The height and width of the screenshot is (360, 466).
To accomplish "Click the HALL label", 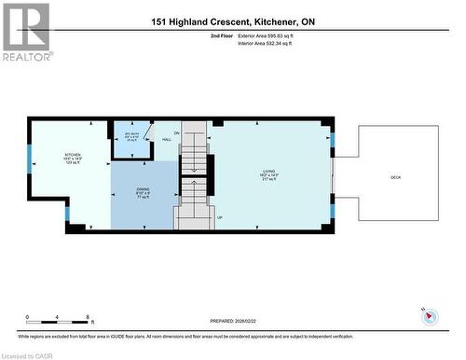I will click(x=166, y=139).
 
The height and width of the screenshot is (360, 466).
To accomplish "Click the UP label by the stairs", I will click(x=220, y=217).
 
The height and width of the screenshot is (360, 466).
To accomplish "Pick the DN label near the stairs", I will click(x=176, y=132).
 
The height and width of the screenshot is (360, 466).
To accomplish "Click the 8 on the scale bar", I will click(x=88, y=317).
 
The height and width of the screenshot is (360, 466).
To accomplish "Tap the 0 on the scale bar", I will click(x=28, y=317).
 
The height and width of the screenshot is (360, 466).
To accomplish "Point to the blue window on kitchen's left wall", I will click(x=30, y=155).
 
